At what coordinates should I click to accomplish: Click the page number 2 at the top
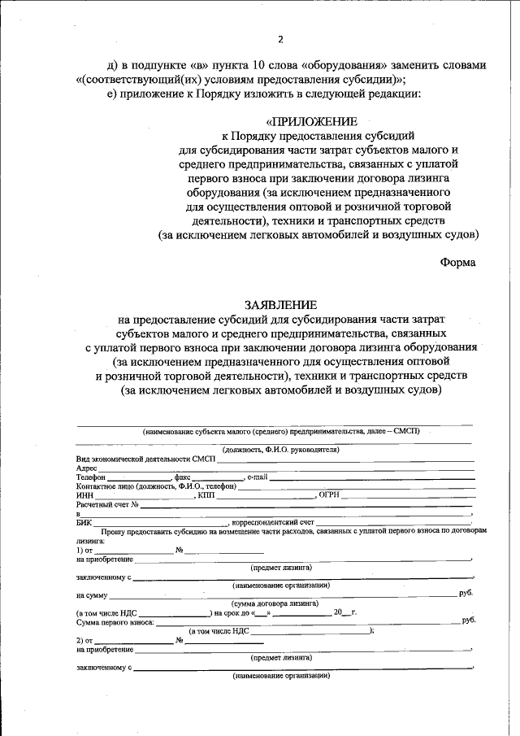coord(280,39)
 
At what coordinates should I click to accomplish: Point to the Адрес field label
coord(87,468)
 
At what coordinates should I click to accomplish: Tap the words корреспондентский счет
coord(273,523)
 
